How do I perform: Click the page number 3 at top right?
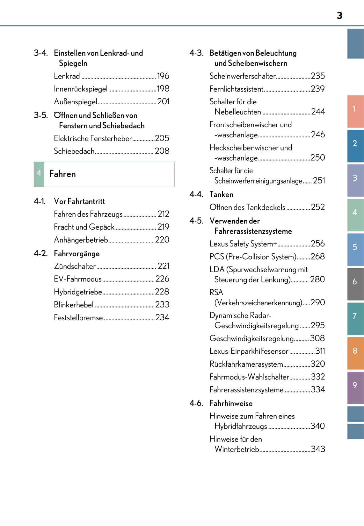click(x=339, y=16)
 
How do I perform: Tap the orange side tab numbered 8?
click(x=355, y=351)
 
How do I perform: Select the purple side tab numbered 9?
click(x=355, y=385)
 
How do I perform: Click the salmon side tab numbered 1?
click(x=355, y=109)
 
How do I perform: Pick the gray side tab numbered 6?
click(x=355, y=282)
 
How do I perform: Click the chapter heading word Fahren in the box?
click(x=62, y=174)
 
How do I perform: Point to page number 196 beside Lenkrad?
click(x=163, y=76)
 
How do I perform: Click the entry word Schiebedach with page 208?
click(x=74, y=151)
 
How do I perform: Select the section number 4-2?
click(x=40, y=253)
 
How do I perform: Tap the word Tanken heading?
click(x=222, y=194)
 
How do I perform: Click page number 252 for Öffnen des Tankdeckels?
click(x=318, y=207)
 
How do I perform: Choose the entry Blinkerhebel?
click(x=74, y=305)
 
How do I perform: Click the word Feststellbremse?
click(x=78, y=317)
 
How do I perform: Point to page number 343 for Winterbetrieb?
click(x=318, y=449)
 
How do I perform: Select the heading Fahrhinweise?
click(x=231, y=403)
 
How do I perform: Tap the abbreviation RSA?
click(x=216, y=292)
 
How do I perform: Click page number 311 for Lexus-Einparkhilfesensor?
click(x=320, y=351)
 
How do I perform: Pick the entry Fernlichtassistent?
click(x=236, y=89)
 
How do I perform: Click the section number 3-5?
click(x=40, y=115)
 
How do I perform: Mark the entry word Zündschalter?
click(x=75, y=266)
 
